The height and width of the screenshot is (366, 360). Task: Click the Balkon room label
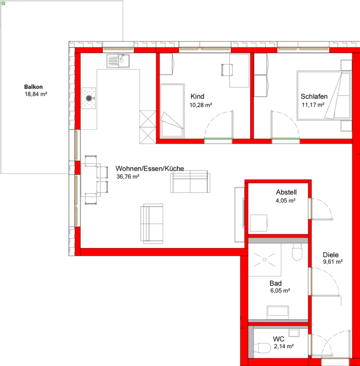click(33, 87)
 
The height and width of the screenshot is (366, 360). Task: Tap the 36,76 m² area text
click(128, 177)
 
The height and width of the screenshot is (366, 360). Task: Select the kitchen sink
click(118, 61)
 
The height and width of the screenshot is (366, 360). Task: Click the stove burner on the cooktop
click(89, 98)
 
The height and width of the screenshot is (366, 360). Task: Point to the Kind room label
click(198, 96)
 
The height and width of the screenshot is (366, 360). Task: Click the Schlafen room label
click(314, 96)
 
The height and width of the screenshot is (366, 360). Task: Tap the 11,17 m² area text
click(313, 105)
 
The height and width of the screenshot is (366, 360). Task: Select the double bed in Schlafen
click(324, 95)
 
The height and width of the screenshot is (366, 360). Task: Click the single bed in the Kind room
click(172, 111)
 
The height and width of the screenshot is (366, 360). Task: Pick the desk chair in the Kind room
click(227, 70)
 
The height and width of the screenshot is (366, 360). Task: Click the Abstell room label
click(286, 192)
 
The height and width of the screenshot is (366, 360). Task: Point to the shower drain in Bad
click(265, 260)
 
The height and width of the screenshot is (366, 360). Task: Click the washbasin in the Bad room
click(278, 312)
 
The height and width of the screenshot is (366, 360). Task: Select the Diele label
click(331, 255)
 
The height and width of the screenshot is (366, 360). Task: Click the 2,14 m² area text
click(283, 346)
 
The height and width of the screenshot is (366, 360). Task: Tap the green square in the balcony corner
click(3, 4)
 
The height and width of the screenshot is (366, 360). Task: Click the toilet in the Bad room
click(297, 252)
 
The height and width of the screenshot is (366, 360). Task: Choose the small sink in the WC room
click(294, 333)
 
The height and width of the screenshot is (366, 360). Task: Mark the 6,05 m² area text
click(280, 291)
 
